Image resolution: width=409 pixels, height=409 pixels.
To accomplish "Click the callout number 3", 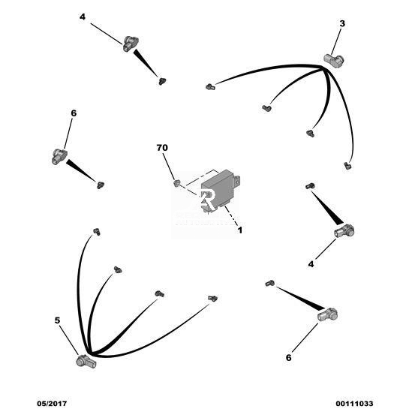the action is click(x=342, y=24).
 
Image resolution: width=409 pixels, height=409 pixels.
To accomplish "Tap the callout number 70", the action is click(x=162, y=148).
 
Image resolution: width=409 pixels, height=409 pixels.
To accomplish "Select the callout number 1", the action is click(x=240, y=230).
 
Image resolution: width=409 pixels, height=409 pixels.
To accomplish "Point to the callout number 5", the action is click(x=57, y=320).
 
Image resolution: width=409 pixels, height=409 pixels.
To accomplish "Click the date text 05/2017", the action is click(x=52, y=404).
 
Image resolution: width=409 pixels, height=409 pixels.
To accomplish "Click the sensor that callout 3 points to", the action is click(x=334, y=59).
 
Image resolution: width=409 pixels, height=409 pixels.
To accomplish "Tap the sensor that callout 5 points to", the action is click(x=86, y=361).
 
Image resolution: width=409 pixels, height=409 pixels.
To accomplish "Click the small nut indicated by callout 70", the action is click(x=176, y=183).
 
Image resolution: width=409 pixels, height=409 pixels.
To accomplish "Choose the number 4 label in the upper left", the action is click(x=83, y=17).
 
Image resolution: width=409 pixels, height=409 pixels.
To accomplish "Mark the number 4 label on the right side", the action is click(x=311, y=264).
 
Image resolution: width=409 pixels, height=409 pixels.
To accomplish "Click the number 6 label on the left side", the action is click(x=74, y=113).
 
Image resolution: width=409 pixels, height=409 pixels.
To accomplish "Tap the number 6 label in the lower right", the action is click(x=288, y=358).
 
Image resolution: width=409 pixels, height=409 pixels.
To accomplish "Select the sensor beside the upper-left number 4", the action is click(x=131, y=44).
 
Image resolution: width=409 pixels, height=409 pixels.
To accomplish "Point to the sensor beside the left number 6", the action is click(x=59, y=157).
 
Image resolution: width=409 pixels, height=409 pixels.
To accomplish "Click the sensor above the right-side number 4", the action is click(x=344, y=231).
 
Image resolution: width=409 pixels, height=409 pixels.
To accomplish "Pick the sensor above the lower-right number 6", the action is click(x=328, y=314).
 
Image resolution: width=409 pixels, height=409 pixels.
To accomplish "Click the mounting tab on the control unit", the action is click(x=237, y=180).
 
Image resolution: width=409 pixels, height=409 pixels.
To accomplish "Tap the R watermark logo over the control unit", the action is click(x=208, y=200).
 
